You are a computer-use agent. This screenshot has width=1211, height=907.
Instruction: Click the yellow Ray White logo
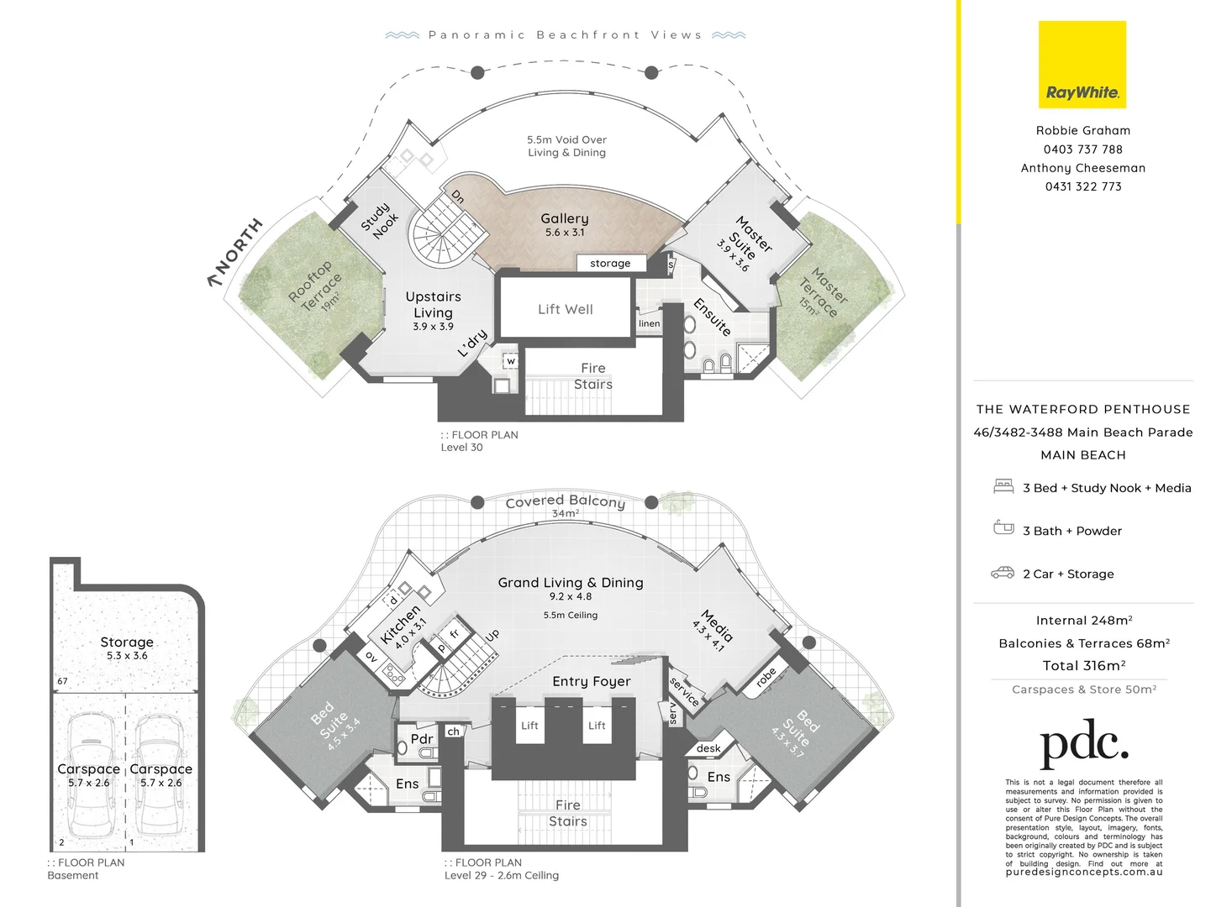tap(1082, 65)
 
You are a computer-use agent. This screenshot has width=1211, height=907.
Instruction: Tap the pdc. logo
tap(1083, 743)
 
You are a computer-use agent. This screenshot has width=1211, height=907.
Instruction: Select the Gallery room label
tap(565, 219)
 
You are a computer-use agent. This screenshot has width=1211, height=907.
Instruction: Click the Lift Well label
tap(566, 309)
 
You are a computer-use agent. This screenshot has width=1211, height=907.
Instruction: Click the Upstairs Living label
tap(433, 304)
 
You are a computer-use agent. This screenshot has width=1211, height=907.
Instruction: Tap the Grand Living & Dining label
tap(571, 582)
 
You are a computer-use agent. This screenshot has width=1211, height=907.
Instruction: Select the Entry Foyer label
tap(591, 681)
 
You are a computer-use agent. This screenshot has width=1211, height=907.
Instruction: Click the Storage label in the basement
tap(127, 642)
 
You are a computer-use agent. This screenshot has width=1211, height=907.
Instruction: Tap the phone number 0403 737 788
tap(1082, 149)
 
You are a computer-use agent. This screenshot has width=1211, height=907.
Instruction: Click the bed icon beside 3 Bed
tap(1003, 486)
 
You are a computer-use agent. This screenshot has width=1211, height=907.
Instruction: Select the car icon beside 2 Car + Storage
tap(1003, 573)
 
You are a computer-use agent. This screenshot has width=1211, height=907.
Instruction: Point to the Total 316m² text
tap(1083, 665)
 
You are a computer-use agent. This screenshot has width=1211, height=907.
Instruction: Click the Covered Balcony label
tap(566, 501)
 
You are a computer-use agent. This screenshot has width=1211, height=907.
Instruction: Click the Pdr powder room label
tap(421, 739)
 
